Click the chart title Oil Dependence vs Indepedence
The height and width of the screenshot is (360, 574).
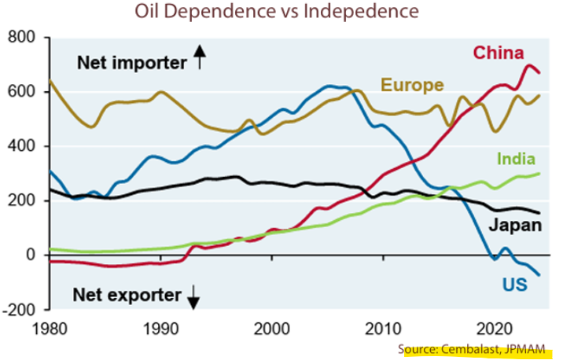pos(276,13)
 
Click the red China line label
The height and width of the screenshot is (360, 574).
pos(498,53)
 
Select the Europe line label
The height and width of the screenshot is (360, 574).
pos(413,85)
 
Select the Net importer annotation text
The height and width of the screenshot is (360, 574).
pos(130,63)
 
